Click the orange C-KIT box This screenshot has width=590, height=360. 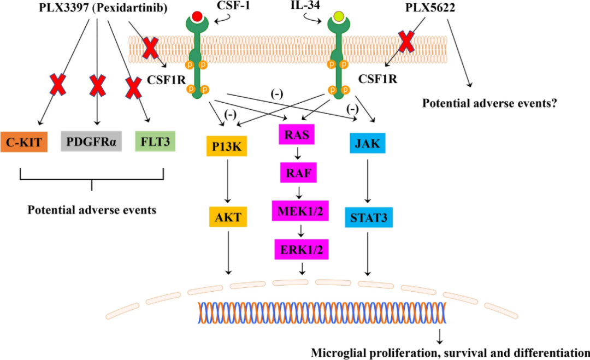coord(24,142)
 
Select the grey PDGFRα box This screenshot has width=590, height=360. coord(91,141)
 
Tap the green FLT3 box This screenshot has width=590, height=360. coord(155,141)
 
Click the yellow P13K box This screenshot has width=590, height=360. coord(227,146)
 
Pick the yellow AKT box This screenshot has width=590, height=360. coord(228,217)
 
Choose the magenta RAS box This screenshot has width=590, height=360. coord(297,134)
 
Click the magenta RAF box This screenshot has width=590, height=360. coord(299,173)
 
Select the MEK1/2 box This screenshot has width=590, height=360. coord(300,211)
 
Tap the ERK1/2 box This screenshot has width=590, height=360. coord(302,249)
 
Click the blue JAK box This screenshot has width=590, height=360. coord(368,143)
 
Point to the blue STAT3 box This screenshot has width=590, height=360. coord(369,217)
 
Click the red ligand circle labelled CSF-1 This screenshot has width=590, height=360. coord(197,16)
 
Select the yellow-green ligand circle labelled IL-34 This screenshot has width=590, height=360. coord(339,16)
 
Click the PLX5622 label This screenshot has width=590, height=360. coord(430,7)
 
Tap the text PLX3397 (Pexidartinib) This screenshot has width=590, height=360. coord(103,8)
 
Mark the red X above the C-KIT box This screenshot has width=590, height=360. coord(58,84)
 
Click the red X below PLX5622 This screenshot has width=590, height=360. coord(406,42)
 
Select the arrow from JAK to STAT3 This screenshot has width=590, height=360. coord(368,181)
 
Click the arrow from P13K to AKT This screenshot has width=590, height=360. coord(227,181)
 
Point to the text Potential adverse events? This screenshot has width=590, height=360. coord(489,103)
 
